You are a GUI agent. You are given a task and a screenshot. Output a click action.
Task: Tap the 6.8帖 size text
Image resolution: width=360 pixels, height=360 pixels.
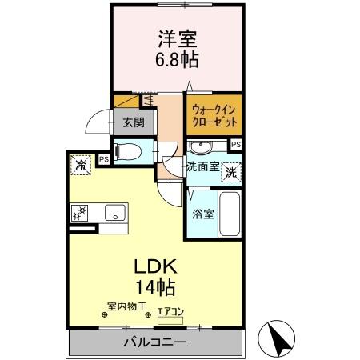178,58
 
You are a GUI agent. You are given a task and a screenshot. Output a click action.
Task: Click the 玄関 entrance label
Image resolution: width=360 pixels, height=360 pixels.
134,122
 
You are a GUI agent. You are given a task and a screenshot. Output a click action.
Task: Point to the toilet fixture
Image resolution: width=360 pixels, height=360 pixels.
128,150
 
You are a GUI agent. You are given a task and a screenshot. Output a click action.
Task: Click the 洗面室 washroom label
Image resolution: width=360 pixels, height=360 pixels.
202,167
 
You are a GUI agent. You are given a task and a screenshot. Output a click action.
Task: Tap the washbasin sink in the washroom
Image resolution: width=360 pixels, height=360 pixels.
200,146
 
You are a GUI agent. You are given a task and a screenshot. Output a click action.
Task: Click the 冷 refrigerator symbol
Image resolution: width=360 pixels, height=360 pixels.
81,164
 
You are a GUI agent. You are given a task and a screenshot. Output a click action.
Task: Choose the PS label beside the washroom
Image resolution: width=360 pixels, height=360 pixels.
235,144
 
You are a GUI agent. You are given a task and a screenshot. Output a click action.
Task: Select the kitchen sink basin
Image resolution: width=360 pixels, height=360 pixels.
114,213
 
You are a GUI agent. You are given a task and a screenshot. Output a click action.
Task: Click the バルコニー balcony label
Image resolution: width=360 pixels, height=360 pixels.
154,342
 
